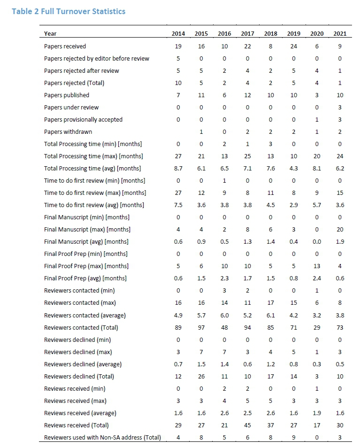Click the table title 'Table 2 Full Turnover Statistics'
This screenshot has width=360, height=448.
point(69,11)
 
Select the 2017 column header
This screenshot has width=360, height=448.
point(247,34)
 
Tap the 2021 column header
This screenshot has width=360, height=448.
point(340,34)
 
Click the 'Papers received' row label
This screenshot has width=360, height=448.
point(65,46)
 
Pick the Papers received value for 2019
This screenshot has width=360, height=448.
point(294,46)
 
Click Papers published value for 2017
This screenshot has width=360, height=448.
point(247,95)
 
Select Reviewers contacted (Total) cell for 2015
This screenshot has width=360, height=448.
point(201,327)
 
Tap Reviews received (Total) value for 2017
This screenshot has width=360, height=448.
point(247,425)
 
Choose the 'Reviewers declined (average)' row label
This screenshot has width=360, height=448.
point(83,364)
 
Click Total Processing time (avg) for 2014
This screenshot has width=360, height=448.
point(178,168)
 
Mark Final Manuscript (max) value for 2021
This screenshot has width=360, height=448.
point(340,229)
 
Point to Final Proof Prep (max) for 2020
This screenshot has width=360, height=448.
point(317,266)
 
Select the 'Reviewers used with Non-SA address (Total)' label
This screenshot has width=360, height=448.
point(102,437)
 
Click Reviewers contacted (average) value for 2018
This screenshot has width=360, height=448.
point(271,315)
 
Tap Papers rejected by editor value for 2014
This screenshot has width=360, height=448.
point(178,58)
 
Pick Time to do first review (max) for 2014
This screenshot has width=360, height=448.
point(178,193)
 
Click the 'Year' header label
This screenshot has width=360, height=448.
point(50,34)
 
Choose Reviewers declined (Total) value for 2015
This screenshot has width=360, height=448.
point(201,376)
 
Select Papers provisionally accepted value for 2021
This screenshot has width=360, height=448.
point(340,119)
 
